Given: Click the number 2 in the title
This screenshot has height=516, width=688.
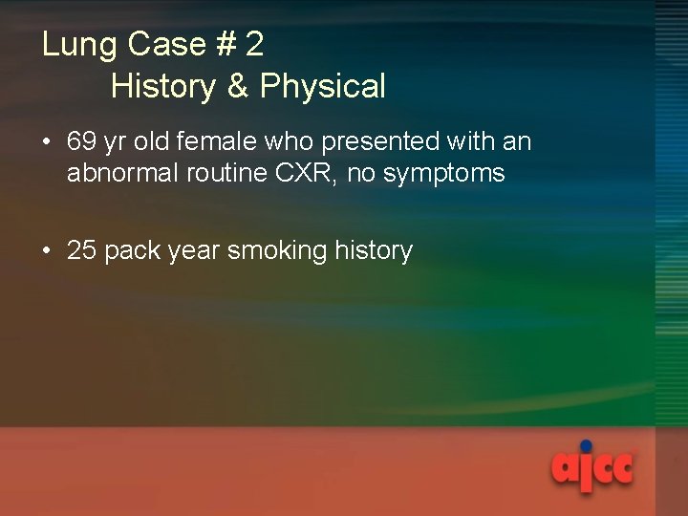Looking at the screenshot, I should tap(254, 45).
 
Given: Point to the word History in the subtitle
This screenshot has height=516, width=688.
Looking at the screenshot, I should tap(163, 87).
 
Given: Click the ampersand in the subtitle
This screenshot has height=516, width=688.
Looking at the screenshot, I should tap(237, 87).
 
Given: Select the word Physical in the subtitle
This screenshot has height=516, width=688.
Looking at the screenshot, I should tap(322, 87).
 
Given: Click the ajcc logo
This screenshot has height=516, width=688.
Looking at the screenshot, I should tap(592, 467).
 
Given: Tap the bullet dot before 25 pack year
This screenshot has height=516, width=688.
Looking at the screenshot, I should tap(48, 251).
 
